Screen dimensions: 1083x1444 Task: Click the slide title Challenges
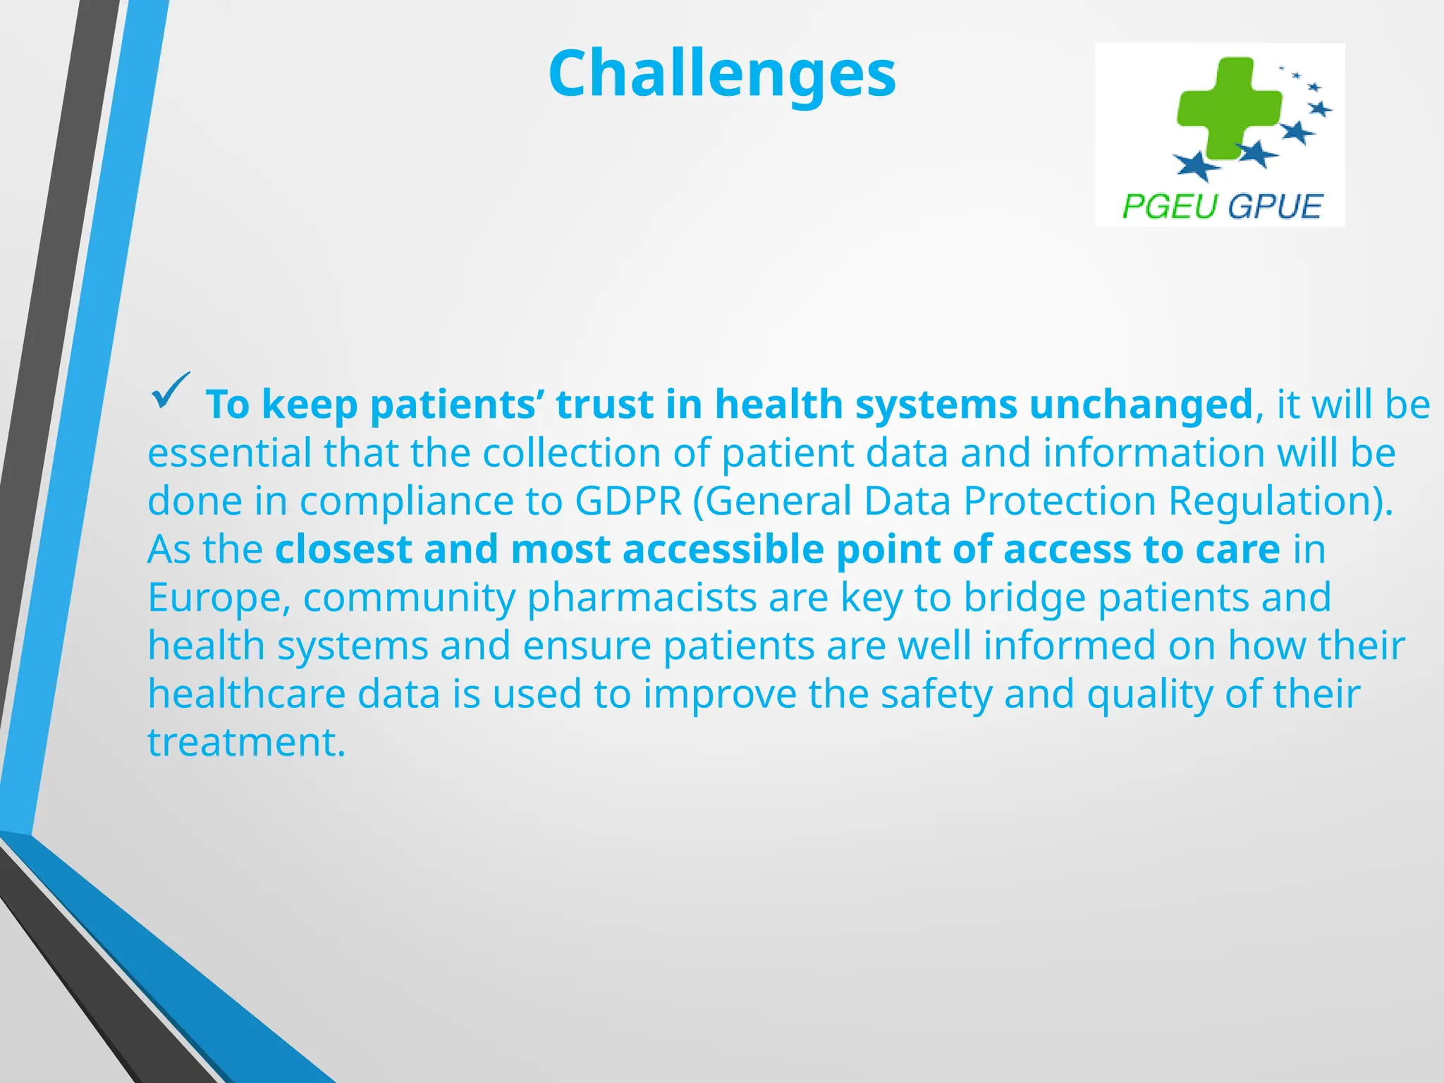pos(722,74)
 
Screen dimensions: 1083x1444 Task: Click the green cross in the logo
pos(1228,108)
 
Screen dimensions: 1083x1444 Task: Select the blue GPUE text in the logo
pos(1274,207)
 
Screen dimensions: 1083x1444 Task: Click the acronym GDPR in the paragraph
pos(628,501)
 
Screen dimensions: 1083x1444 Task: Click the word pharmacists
pos(642,598)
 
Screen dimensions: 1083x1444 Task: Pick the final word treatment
pos(246,742)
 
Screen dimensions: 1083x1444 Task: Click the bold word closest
pos(343,549)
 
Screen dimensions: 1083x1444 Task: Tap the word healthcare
pos(246,694)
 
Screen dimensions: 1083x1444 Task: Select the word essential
pos(229,453)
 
